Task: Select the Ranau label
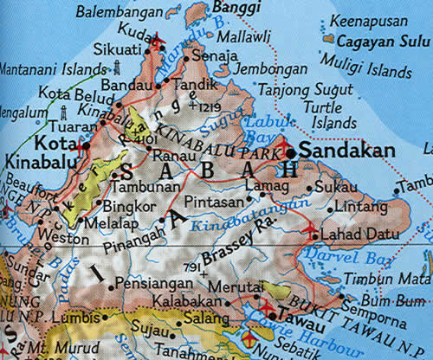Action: point(173,157)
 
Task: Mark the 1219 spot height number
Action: point(225,106)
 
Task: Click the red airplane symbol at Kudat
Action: point(158,38)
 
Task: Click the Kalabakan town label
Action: point(188,302)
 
